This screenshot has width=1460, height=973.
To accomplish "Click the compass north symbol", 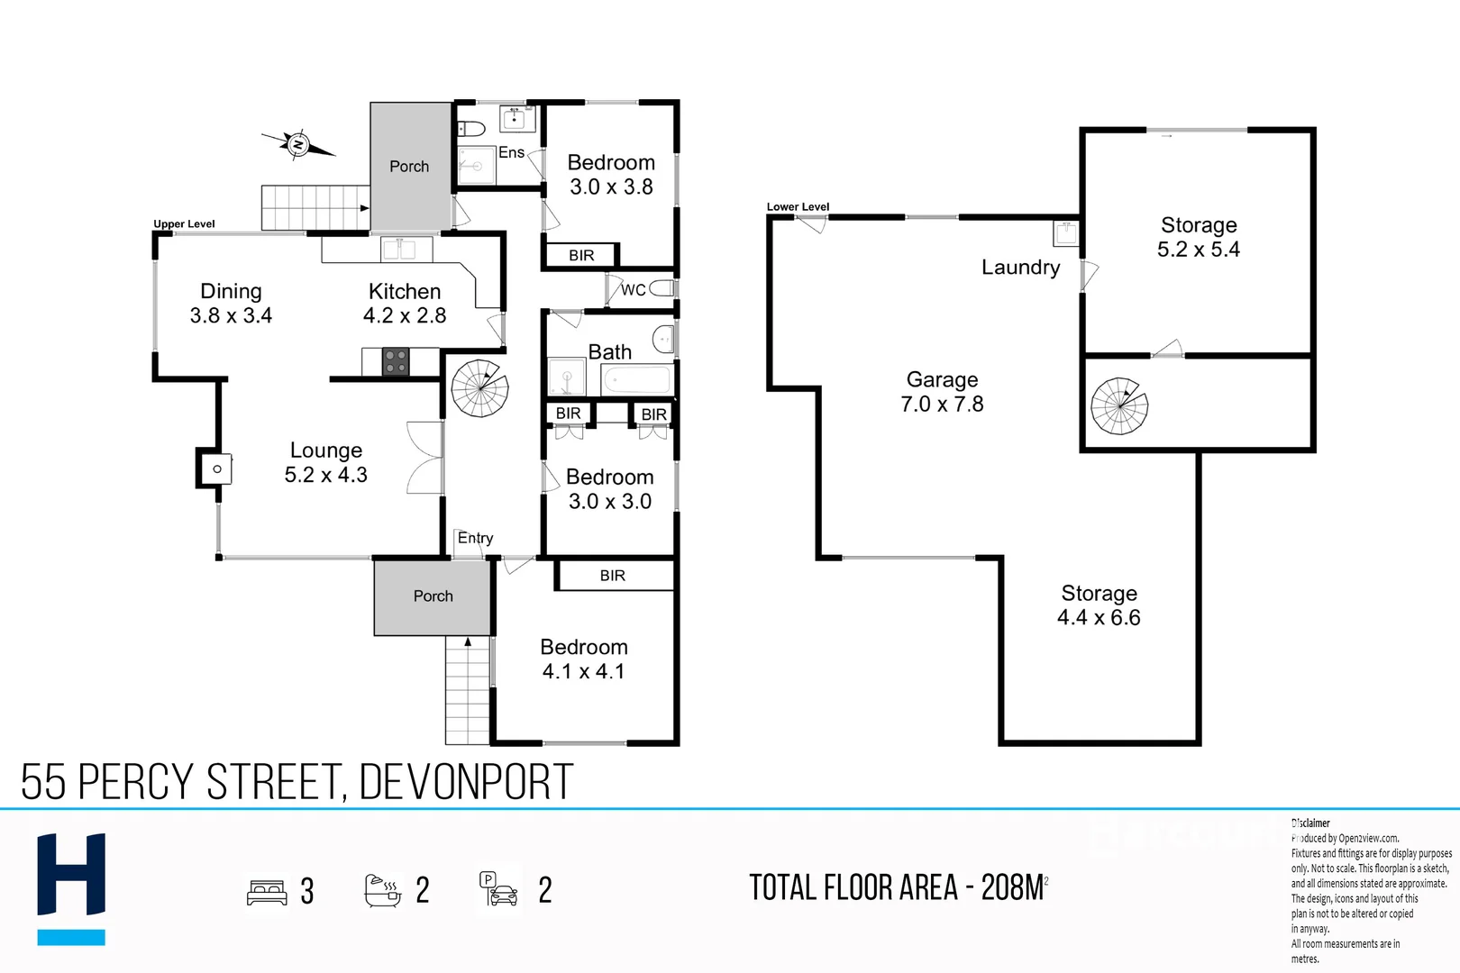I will (x=298, y=144).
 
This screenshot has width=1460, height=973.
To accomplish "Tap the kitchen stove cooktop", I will (x=395, y=361).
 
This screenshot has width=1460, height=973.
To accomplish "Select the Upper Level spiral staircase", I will (x=479, y=388).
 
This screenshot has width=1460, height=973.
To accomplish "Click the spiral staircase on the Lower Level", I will (x=1119, y=405).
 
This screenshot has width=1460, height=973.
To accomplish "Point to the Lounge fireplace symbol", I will (x=216, y=468).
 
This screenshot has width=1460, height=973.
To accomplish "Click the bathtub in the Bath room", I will (x=637, y=380).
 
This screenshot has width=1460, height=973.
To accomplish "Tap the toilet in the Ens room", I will (x=471, y=129).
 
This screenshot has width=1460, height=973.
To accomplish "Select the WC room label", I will (x=633, y=289).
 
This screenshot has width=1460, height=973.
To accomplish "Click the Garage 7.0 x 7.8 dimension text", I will (x=942, y=405).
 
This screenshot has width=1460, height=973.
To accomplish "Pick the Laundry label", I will (x=1020, y=268).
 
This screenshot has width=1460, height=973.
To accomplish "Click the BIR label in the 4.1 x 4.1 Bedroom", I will (x=612, y=576).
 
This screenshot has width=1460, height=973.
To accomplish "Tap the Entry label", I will (x=475, y=538).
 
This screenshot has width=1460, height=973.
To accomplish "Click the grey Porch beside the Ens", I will (x=410, y=166).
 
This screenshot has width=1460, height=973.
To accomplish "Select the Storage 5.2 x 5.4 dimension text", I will (x=1198, y=250).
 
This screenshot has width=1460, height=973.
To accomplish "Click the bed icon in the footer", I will (x=267, y=892).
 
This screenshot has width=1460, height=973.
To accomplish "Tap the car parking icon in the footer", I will (x=499, y=889).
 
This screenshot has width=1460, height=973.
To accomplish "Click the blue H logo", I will (x=71, y=887).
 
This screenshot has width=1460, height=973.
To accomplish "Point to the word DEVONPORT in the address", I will (x=466, y=781).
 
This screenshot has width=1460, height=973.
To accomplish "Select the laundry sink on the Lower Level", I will (x=1066, y=233).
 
